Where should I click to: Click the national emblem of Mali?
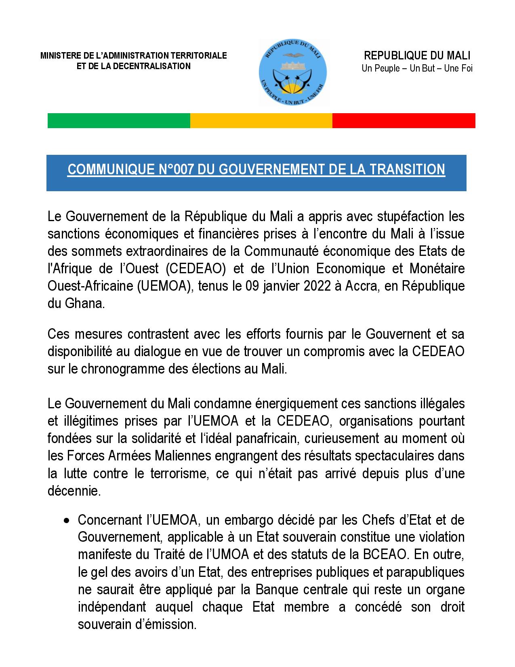tap(293, 73)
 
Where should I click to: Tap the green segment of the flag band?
tap(119, 120)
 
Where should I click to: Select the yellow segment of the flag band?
tap(261, 120)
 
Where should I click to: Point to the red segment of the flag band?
tap(404, 120)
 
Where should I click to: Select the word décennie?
tap(73, 491)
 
